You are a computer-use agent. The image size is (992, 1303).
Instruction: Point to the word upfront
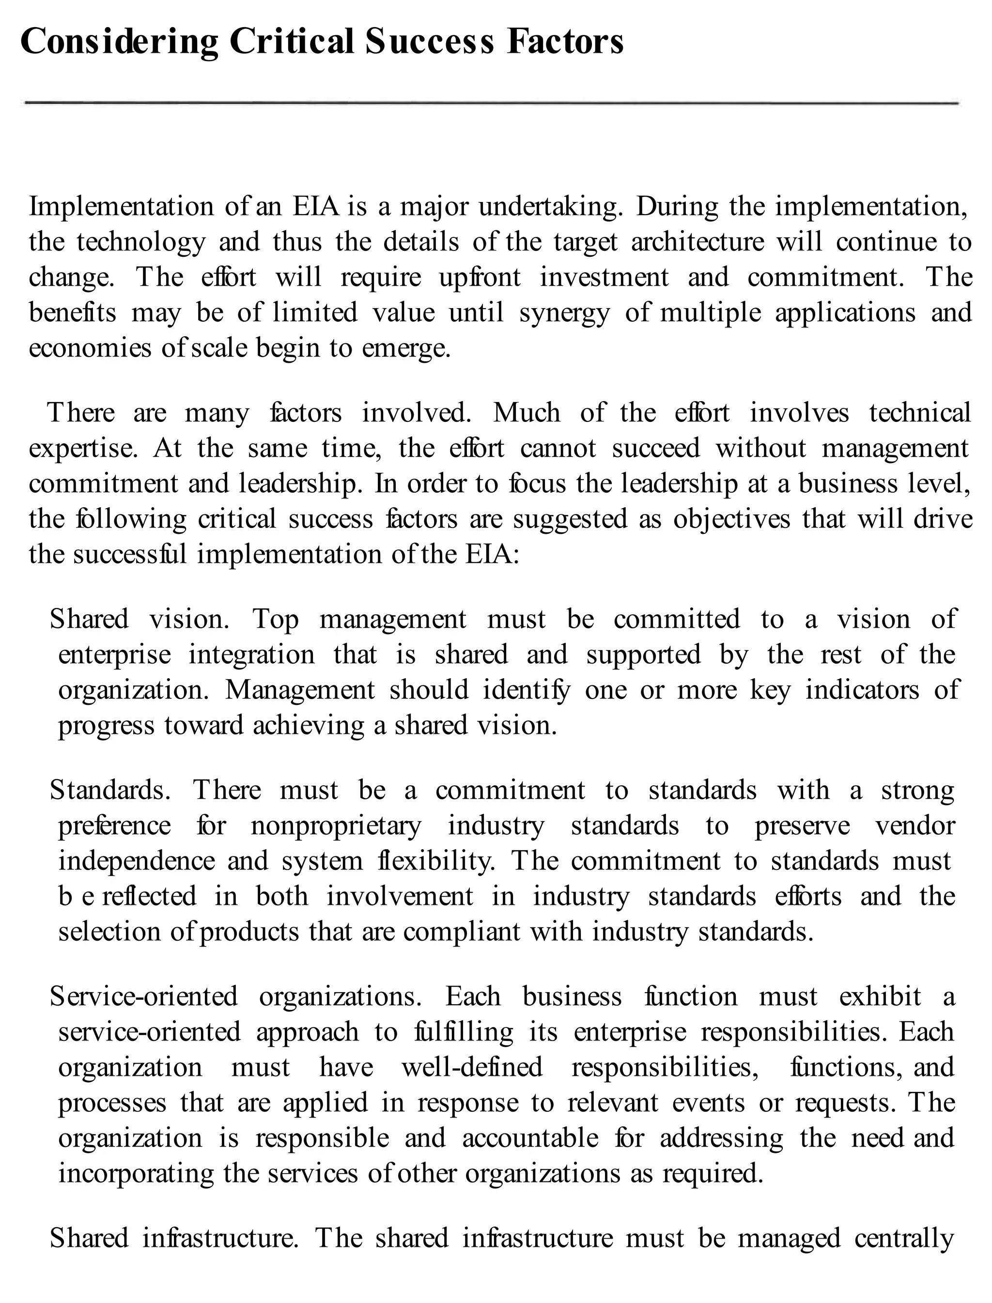pos(480,278)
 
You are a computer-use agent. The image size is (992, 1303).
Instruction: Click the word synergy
pos(564,313)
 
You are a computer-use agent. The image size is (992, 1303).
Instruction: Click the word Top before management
pos(276,620)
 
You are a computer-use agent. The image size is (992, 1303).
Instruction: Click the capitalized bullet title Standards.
pos(110,791)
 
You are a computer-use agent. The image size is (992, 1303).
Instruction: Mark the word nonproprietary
pos(336,826)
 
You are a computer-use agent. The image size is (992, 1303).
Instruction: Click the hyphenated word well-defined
pos(472,1068)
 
